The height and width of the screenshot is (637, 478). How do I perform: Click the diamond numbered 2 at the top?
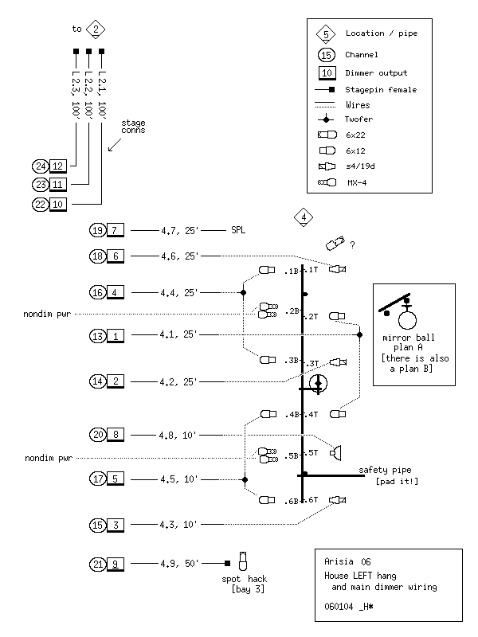(x=96, y=29)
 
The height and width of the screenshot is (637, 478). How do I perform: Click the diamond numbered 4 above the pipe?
(x=302, y=217)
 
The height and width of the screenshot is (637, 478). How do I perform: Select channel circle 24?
(x=40, y=166)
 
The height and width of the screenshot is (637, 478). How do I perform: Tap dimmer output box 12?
(x=58, y=166)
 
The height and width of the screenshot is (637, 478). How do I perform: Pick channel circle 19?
(x=97, y=230)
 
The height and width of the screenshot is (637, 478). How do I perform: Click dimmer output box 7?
(x=116, y=230)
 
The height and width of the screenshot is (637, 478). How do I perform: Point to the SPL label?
(x=237, y=230)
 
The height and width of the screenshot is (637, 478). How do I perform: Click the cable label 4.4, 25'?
(x=178, y=292)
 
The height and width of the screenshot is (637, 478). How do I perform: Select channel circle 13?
(x=97, y=335)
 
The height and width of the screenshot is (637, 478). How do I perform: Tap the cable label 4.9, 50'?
(x=178, y=564)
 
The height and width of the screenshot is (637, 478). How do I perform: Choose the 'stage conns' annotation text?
(x=134, y=127)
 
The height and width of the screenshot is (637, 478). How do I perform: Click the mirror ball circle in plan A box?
(x=409, y=320)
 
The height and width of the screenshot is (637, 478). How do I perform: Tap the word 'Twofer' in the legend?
(x=359, y=119)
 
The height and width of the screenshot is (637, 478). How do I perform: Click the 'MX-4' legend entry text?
(x=356, y=183)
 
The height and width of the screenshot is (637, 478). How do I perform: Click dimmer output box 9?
(x=116, y=564)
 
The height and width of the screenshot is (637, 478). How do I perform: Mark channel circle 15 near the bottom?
(x=97, y=525)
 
